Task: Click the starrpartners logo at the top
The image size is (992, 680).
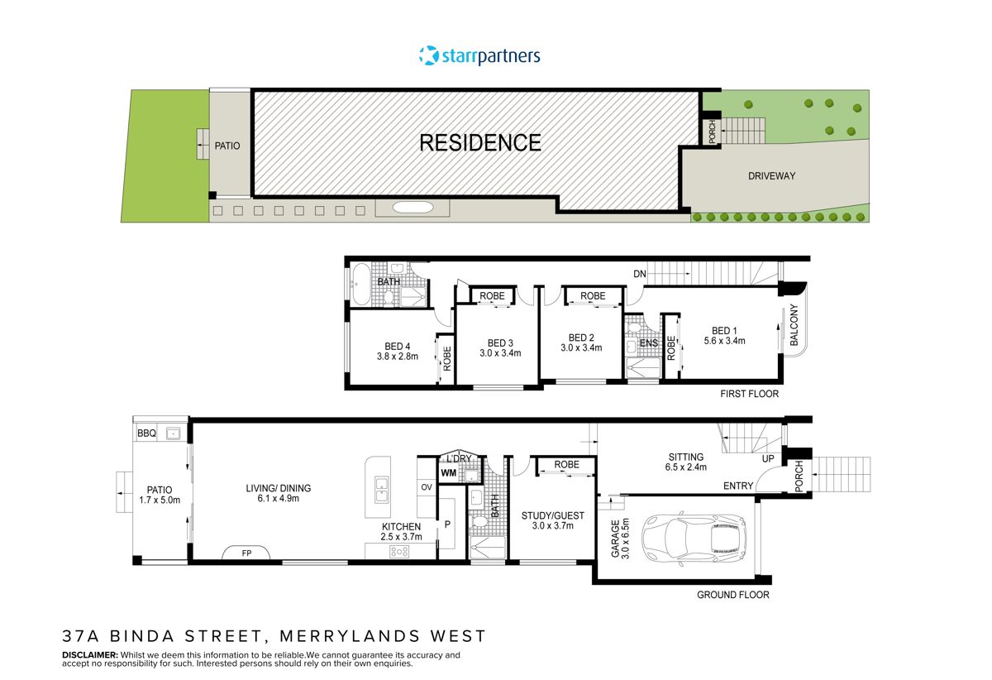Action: click(x=479, y=56)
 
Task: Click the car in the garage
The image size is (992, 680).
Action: click(x=695, y=536)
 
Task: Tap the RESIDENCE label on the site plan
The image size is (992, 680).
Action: click(x=480, y=143)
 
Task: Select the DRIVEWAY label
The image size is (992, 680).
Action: click(x=771, y=176)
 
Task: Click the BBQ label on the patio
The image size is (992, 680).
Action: click(x=146, y=433)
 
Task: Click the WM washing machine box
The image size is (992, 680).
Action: click(x=449, y=473)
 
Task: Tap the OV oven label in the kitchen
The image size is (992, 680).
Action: click(x=427, y=487)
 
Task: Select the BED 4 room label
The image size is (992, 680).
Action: click(x=397, y=347)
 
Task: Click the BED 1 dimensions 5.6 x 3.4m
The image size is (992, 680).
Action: click(x=724, y=341)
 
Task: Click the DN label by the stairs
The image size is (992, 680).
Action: click(x=639, y=273)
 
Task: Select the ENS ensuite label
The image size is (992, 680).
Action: click(x=649, y=342)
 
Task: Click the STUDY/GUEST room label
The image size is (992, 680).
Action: click(x=552, y=516)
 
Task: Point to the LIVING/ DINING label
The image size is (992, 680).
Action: click(x=278, y=488)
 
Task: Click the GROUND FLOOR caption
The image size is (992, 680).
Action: click(x=732, y=595)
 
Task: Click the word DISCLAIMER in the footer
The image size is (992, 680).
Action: click(x=90, y=655)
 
